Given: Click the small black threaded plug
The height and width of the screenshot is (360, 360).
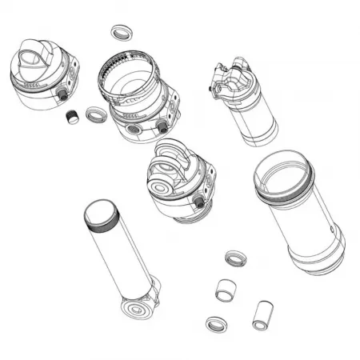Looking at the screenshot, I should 72,117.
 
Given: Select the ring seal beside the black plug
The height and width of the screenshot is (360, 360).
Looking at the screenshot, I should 94,114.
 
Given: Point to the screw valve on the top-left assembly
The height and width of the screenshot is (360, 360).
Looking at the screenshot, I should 61,94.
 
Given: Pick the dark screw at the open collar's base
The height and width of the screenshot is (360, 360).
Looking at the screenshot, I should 163,127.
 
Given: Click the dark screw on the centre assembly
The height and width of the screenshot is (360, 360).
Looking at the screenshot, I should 198,203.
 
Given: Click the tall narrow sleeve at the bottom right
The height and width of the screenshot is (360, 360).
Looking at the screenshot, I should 262,315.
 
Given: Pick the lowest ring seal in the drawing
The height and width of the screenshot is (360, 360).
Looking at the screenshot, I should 214,324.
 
